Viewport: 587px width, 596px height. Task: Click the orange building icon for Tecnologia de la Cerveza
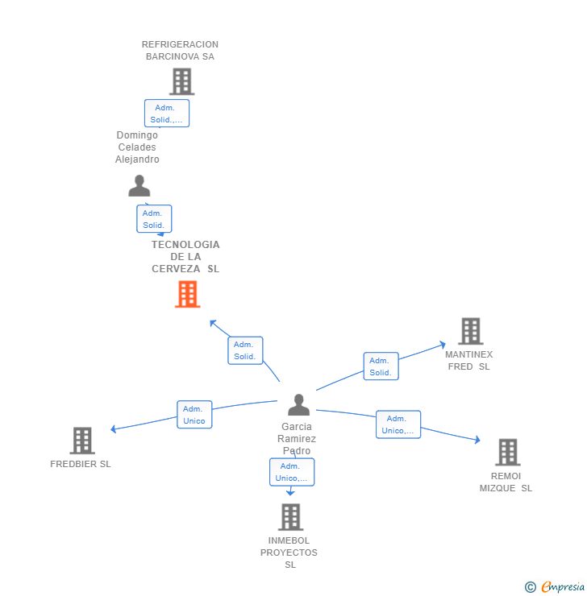(x=187, y=295)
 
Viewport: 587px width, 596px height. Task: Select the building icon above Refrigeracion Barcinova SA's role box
(x=181, y=81)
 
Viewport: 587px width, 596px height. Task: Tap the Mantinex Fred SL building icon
(x=470, y=331)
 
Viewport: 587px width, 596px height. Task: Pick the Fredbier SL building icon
(x=82, y=441)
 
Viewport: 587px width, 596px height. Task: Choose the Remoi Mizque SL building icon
(x=507, y=453)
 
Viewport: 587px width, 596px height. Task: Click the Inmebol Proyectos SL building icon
(x=290, y=517)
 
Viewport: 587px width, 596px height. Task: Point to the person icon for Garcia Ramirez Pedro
(x=298, y=404)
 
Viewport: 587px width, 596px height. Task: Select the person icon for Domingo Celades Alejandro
(x=139, y=186)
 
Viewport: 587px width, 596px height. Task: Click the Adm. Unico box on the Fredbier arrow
(x=194, y=415)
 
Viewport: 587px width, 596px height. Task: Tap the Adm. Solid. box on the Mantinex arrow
(x=381, y=366)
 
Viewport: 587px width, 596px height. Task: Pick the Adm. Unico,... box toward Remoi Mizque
(x=398, y=424)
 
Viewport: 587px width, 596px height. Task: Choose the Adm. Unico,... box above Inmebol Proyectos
(x=292, y=472)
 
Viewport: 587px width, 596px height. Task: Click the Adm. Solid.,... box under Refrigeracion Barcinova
(x=167, y=114)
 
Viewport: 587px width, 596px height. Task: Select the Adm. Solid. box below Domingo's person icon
(x=154, y=219)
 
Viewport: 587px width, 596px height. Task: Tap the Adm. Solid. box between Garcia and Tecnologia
(x=245, y=350)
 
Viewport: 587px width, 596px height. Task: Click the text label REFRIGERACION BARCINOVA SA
(x=181, y=51)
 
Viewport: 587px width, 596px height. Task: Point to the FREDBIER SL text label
(x=81, y=464)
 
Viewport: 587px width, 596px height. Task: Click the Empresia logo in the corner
(x=556, y=587)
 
